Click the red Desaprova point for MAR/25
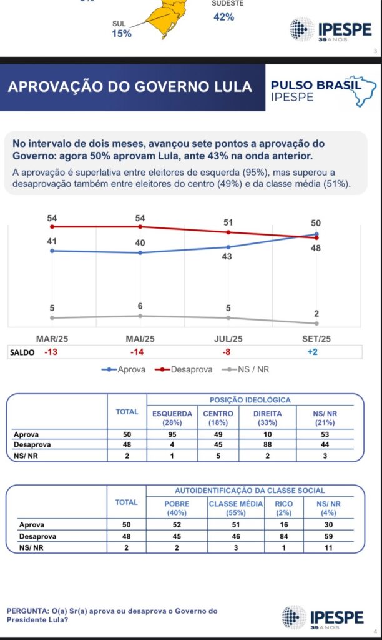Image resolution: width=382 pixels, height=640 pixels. (x=52, y=226)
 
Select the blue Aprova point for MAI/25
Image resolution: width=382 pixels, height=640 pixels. (x=140, y=252)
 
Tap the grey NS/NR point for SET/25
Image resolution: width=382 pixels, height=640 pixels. (x=316, y=324)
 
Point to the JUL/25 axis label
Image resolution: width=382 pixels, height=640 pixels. (x=228, y=339)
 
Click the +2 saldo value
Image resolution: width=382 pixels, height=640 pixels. (x=312, y=352)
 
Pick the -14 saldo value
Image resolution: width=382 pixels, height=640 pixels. (x=137, y=352)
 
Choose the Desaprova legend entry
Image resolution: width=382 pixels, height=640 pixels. (x=184, y=369)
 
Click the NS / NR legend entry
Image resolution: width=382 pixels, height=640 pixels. (x=245, y=369)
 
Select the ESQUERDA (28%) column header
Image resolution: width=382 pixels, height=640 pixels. (x=172, y=418)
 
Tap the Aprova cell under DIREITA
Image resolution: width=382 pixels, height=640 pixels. (x=267, y=434)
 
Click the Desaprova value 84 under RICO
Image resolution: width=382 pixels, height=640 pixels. (x=284, y=536)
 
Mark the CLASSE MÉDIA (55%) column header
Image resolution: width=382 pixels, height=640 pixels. (x=236, y=508)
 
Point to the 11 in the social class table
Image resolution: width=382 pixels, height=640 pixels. (x=328, y=547)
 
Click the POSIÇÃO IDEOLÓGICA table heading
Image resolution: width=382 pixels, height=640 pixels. (x=250, y=400)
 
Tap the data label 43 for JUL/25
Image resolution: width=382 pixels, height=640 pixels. (x=227, y=256)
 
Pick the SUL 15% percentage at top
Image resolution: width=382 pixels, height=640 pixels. (x=122, y=34)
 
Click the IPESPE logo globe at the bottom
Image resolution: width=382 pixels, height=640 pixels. (x=293, y=617)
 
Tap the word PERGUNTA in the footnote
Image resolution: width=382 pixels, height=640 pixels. (x=27, y=611)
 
